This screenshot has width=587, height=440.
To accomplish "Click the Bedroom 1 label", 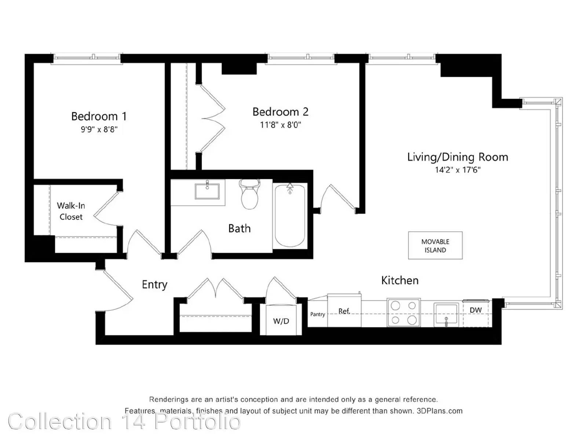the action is tap(99, 116).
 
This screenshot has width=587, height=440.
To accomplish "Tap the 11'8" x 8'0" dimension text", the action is tap(280, 125).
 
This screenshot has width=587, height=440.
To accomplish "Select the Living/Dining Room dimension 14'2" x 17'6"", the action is tap(457, 170).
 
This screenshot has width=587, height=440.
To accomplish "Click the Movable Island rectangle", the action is tap(435, 245).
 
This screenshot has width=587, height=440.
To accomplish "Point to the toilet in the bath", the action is tap(249, 194).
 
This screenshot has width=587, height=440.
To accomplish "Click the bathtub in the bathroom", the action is tap(290, 215).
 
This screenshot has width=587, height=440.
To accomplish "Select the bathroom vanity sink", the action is tap(207, 191).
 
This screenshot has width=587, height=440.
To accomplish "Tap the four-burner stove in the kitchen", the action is tap(404, 312).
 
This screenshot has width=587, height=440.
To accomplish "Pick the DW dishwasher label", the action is tap(475, 310).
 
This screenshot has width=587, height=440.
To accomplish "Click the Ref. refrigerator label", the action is tap(344, 311).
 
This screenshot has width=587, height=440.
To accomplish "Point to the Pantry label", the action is tap(317, 315).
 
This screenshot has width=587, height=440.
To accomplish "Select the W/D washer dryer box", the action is tap(281, 320).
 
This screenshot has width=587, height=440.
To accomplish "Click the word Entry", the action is tap(154, 285).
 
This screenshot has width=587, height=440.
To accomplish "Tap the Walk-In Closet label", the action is tap(71, 211).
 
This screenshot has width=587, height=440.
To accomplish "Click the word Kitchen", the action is tap(400, 280).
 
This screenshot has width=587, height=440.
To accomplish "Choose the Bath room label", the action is tap(239, 228).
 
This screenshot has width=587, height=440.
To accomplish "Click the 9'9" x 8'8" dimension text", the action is tap(99, 129).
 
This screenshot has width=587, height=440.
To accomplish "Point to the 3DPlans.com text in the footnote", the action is tap(440, 411).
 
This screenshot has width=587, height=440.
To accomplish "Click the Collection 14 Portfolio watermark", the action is tap(124, 422).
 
